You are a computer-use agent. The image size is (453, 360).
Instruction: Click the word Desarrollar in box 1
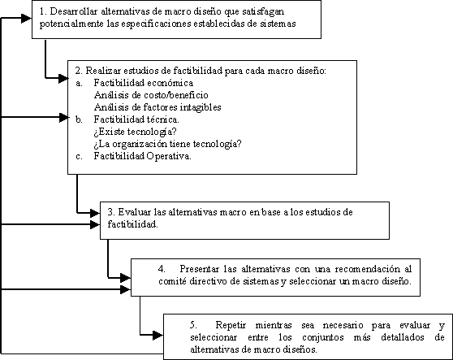(x=74, y=11)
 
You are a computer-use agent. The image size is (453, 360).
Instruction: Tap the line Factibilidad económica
(x=144, y=83)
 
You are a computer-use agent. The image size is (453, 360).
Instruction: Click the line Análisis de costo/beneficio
(x=151, y=95)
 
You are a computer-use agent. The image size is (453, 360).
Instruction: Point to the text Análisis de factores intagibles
(x=157, y=107)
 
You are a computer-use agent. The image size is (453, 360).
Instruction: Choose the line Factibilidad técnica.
(x=136, y=119)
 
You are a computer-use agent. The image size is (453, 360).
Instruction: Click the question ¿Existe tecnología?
(x=135, y=132)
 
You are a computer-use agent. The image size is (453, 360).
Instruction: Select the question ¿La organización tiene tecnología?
(x=167, y=144)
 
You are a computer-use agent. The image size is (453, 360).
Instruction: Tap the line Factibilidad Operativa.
(x=142, y=156)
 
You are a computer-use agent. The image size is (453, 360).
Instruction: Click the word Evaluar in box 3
(x=134, y=212)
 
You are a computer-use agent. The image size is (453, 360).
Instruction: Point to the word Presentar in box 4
(x=200, y=269)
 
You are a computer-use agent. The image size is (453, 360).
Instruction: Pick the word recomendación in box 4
(x=368, y=269)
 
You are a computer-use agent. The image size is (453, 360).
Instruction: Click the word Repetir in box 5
(x=231, y=325)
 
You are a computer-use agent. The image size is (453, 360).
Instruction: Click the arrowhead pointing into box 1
(x=26, y=19)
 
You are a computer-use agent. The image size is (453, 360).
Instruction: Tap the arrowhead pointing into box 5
(x=157, y=336)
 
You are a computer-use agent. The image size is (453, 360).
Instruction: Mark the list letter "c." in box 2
(x=79, y=157)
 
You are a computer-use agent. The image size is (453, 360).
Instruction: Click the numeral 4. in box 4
(x=162, y=269)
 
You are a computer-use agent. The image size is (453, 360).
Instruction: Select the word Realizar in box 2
(x=103, y=71)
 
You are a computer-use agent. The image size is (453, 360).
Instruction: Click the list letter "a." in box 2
(x=79, y=83)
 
